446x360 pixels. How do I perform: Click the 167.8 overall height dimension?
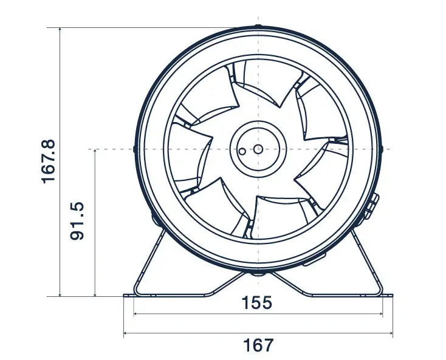[x=49, y=161]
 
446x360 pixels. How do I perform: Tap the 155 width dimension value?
[x=258, y=303]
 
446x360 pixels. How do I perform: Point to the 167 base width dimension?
[x=258, y=345]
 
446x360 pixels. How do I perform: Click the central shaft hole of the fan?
[x=258, y=149]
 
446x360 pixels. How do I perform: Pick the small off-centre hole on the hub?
[x=242, y=151]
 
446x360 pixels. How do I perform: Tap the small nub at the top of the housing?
[x=258, y=27]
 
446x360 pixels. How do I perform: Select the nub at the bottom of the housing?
[x=258, y=274]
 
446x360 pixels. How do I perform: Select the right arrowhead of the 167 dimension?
[x=390, y=334]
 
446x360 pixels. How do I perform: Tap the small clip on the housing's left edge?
[x=134, y=148]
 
